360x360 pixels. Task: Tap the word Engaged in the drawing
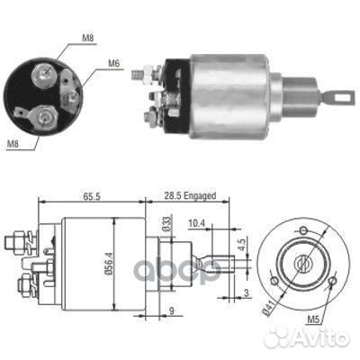point(200,196)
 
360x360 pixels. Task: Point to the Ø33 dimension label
point(167,223)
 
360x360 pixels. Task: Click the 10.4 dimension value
point(196,223)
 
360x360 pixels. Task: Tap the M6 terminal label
point(113,64)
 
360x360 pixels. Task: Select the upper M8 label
point(88,38)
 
